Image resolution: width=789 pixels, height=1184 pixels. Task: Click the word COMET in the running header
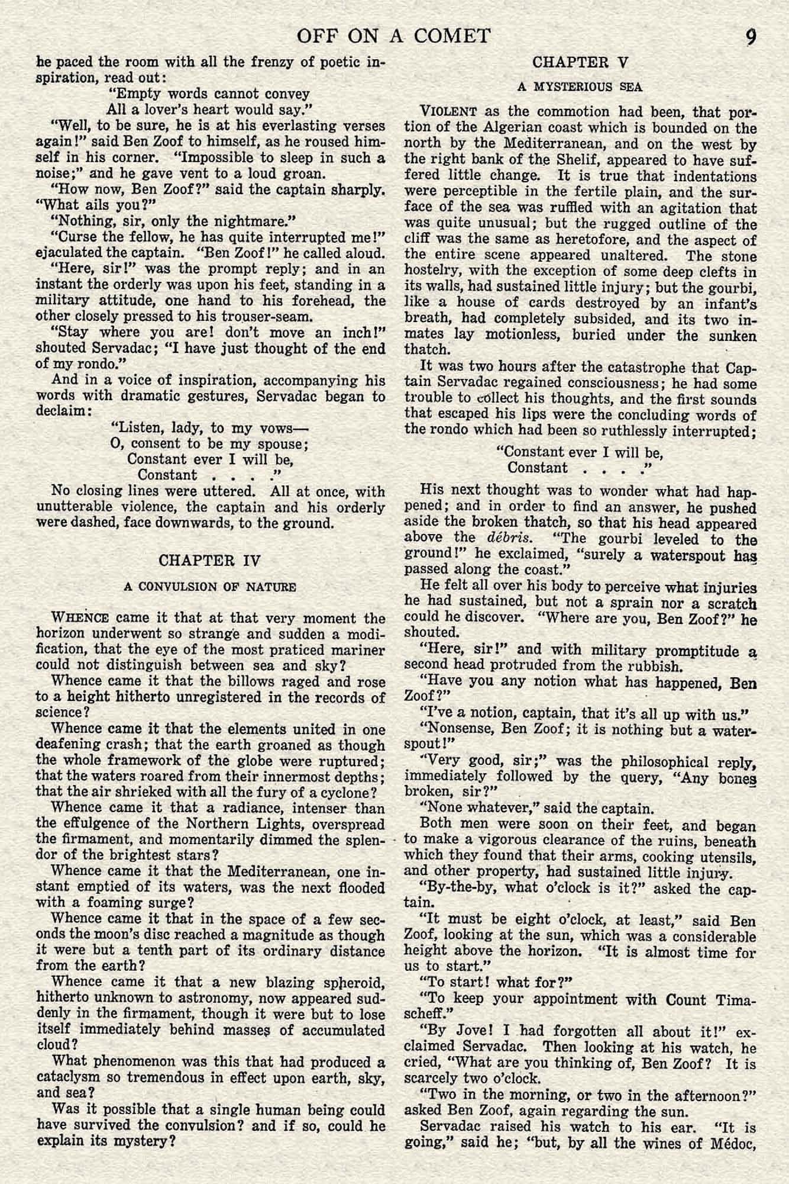pyautogui.click(x=452, y=36)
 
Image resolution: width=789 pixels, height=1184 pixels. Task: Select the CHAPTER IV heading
pyautogui.click(x=210, y=560)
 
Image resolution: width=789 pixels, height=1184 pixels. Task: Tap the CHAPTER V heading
pyautogui.click(x=580, y=62)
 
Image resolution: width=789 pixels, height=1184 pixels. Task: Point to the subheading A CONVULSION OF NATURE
pyautogui.click(x=210, y=587)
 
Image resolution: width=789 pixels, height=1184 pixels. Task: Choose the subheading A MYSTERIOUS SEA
pyautogui.click(x=580, y=87)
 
